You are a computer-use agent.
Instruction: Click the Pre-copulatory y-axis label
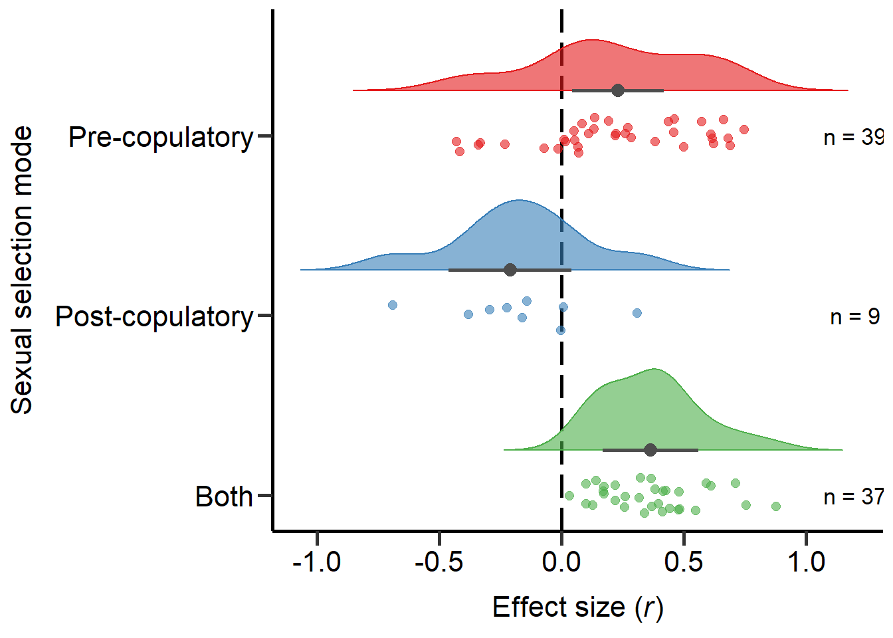coord(161,138)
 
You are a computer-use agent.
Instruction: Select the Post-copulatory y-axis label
coord(154,317)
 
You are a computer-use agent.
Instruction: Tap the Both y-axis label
coord(224,497)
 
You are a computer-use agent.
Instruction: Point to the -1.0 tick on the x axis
coord(317,562)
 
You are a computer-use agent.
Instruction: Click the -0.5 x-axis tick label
coord(439,562)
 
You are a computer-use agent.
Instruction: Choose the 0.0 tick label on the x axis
coord(561,562)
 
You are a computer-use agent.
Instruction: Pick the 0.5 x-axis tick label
coord(684,562)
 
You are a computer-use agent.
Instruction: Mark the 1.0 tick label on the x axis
coord(806,562)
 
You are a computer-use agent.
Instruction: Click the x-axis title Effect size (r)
coord(577,607)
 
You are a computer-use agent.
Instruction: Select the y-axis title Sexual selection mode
coord(22,270)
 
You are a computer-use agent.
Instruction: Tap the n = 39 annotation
coord(854,138)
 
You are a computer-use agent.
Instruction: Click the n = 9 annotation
coord(855,317)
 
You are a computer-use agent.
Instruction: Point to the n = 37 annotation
coord(854,497)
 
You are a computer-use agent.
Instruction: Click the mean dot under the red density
coord(618,90)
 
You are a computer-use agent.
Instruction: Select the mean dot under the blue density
coord(510,270)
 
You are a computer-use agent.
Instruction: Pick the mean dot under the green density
coord(650,450)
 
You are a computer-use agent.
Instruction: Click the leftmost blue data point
coord(393,305)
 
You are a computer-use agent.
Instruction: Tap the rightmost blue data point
coord(637,313)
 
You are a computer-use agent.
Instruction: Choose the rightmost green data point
coord(776,506)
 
